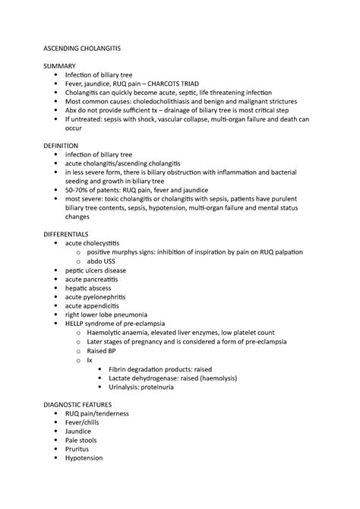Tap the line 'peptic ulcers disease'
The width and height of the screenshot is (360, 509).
96,270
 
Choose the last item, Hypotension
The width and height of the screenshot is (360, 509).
84,458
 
